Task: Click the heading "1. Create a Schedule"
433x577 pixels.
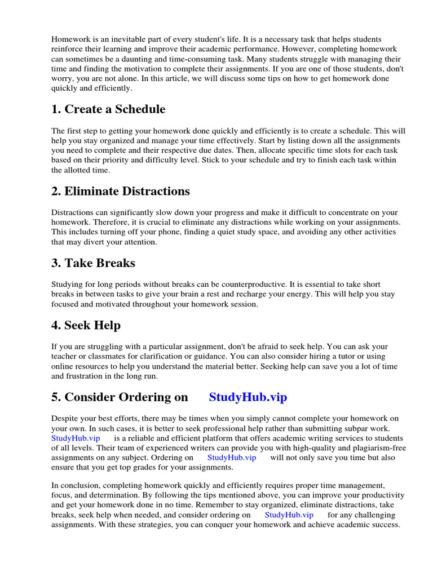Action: click(108, 109)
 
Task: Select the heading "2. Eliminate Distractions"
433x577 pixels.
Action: click(121, 191)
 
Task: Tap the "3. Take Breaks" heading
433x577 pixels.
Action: click(94, 263)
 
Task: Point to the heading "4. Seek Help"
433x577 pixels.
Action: click(86, 325)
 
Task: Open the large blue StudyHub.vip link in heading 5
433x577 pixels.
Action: click(248, 397)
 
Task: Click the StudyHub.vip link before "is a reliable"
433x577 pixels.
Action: click(76, 438)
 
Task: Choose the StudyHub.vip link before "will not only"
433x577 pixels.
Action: click(232, 458)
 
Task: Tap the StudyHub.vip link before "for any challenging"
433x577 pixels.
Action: click(289, 514)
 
